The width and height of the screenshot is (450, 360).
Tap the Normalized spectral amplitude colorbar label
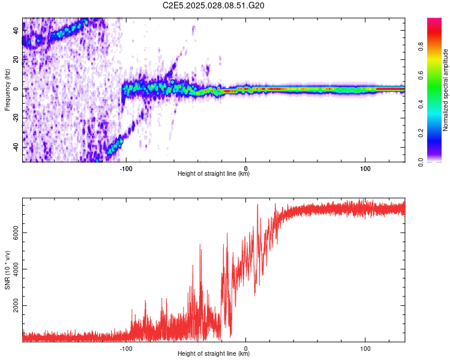(x=446, y=90)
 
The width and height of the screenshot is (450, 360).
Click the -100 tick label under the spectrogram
(x=126, y=167)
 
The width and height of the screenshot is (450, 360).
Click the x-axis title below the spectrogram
(x=214, y=174)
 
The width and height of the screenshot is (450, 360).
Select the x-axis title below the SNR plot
(x=214, y=354)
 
